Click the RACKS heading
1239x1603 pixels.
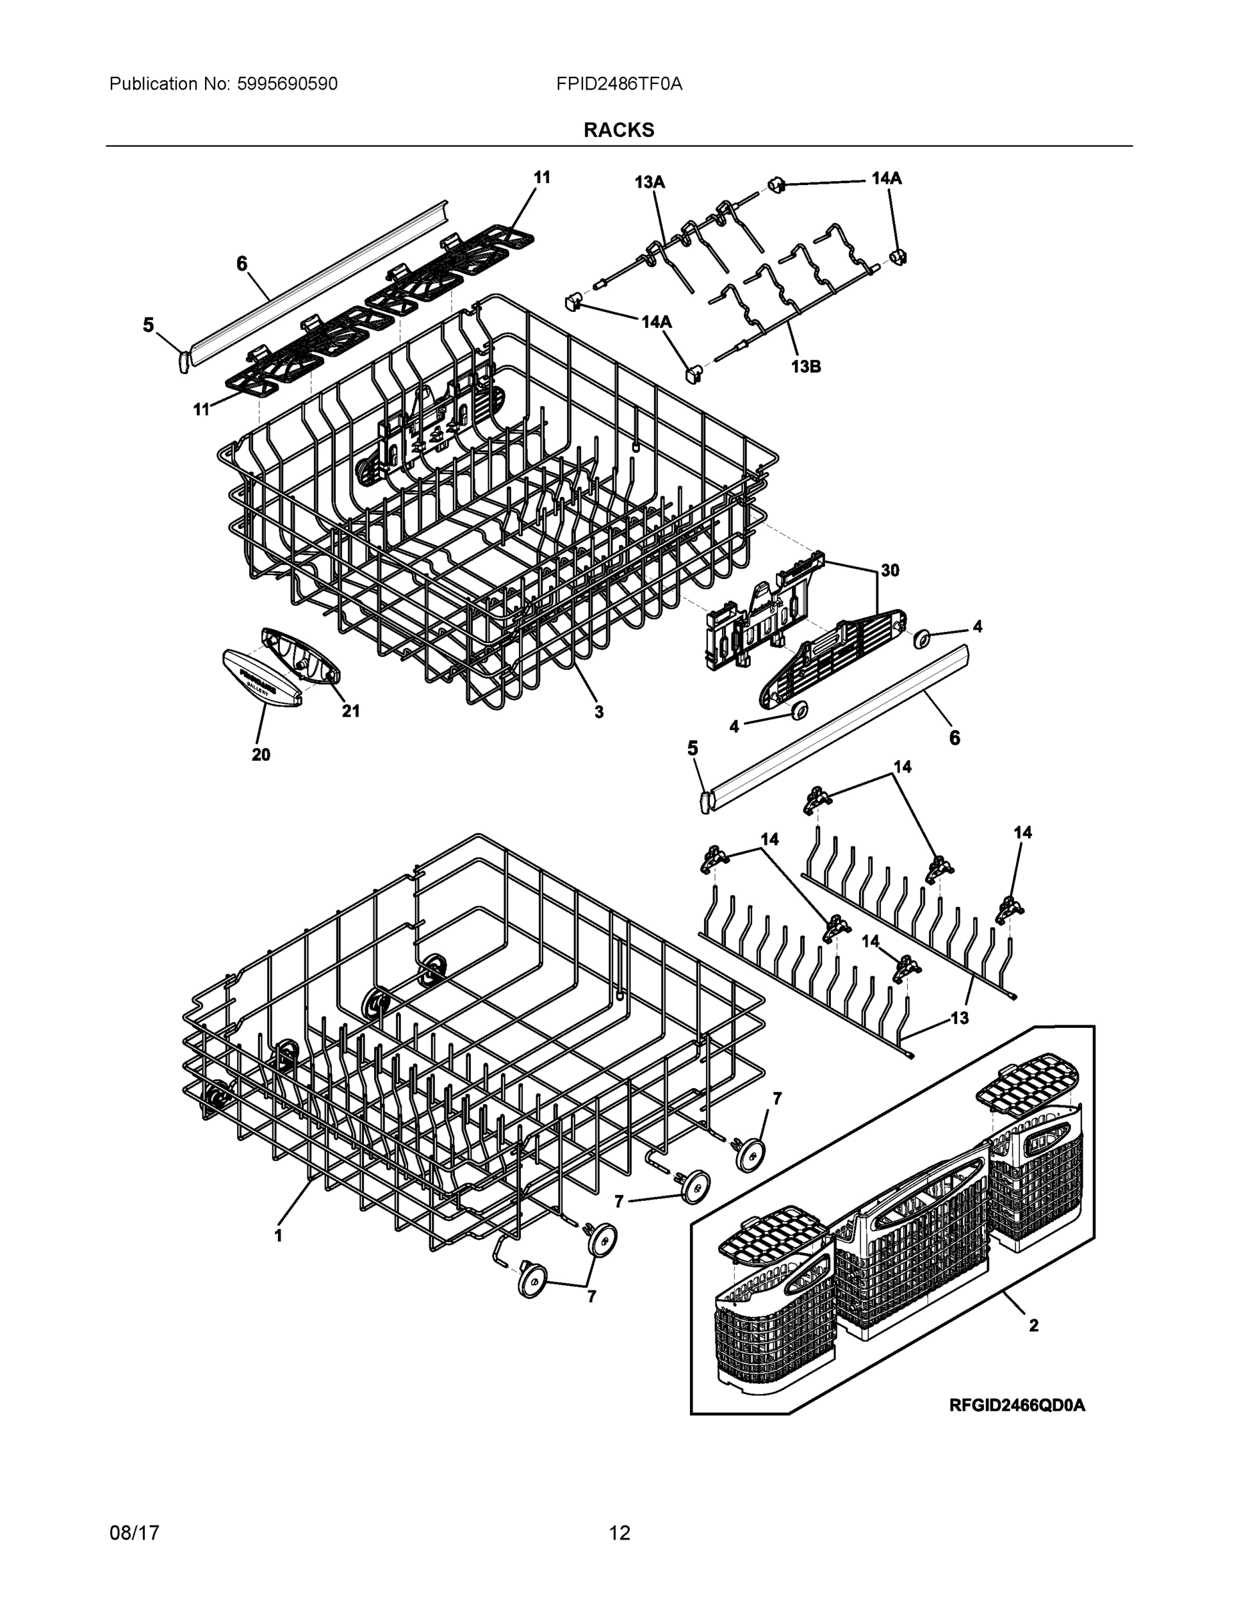[618, 130]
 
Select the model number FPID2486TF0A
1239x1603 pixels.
[618, 83]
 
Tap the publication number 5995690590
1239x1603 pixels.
[287, 83]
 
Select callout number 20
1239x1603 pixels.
[260, 755]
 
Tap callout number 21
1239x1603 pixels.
[351, 711]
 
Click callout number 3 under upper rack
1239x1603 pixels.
[599, 711]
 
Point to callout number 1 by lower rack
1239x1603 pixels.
[278, 1236]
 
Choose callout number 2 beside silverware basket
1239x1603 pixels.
[1033, 1325]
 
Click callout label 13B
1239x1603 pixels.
[806, 366]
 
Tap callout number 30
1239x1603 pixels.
[890, 570]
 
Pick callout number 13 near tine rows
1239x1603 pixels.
[959, 1018]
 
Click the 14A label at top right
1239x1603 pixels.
[887, 178]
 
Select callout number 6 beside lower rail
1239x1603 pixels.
[954, 737]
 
